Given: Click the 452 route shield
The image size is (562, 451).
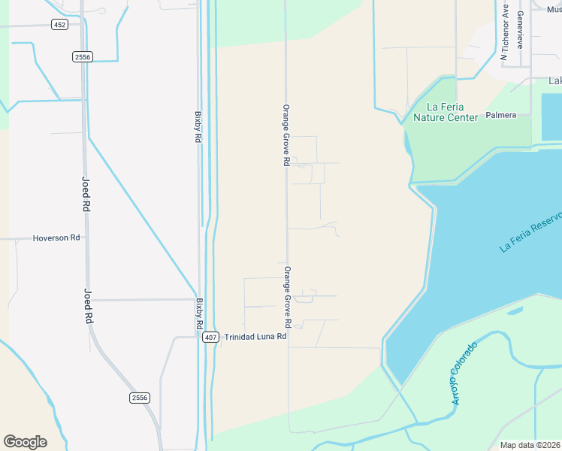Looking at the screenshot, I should (x=60, y=25).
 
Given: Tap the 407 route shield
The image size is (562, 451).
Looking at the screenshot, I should (x=211, y=337).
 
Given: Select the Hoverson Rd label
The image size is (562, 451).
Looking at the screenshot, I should (x=56, y=238).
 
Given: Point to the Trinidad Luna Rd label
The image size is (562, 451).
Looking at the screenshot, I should (x=255, y=337).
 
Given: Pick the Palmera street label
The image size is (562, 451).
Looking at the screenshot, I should (x=501, y=115).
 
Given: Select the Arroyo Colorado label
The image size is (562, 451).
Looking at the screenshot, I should (x=464, y=374).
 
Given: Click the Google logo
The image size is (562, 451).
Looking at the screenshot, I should (x=25, y=442).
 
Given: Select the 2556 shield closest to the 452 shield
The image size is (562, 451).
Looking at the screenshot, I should (x=83, y=56).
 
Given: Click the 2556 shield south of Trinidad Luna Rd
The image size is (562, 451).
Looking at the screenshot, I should (x=139, y=398).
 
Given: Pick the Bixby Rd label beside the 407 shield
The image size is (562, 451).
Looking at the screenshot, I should (x=200, y=314).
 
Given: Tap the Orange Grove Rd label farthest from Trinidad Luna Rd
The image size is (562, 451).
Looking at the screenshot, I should (x=286, y=135).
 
